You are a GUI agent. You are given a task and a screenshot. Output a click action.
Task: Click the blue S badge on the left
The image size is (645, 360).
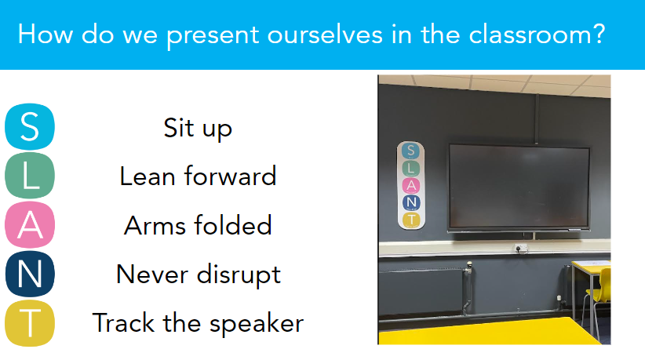[x=30, y=126]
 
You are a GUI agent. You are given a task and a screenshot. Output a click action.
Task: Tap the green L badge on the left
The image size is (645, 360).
[x=30, y=176]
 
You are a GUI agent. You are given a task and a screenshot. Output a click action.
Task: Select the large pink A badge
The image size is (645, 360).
[x=30, y=225]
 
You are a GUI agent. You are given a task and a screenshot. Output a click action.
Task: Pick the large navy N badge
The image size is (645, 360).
[x=30, y=274]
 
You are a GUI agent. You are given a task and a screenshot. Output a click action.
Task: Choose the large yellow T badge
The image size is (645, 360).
[x=30, y=323]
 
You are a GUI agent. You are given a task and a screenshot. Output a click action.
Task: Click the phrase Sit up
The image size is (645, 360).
[x=198, y=128]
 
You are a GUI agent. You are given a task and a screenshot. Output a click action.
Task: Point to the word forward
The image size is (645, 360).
[x=231, y=176]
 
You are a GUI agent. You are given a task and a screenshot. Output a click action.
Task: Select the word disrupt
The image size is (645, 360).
[x=239, y=275]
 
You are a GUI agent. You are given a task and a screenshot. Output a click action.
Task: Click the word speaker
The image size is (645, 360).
[x=257, y=323]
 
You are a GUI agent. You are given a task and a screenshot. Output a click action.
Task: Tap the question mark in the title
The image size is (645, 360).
[x=599, y=34]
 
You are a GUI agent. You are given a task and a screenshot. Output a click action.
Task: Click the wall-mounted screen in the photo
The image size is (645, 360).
[x=519, y=187]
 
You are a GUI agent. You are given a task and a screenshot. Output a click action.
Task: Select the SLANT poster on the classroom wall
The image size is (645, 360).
[x=411, y=185]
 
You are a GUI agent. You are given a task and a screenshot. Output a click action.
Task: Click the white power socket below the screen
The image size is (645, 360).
[x=521, y=248]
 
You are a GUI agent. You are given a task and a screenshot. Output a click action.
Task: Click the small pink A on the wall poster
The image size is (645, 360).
[x=411, y=185]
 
